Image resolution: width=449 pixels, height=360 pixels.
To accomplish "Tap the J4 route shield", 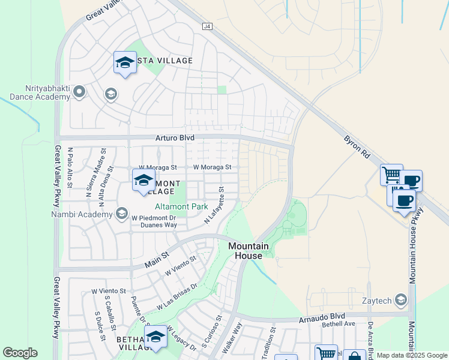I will pos(207,26).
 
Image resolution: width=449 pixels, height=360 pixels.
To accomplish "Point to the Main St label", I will pos(155,261).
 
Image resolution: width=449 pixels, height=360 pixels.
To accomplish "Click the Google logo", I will pos(20,353).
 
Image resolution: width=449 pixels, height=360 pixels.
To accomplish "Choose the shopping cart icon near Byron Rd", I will pos(391,175).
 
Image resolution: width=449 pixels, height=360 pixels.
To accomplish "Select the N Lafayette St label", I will pos(214,205).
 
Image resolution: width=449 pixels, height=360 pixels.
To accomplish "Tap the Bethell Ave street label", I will pos(339,324).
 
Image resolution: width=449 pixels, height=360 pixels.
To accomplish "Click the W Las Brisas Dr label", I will pos(178,296).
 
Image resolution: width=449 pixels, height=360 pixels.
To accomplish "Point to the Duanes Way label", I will pos(158,226).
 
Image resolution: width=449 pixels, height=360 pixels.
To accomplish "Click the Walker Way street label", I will pos(232,338).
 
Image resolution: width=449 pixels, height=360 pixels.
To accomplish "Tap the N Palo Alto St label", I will pos(70,167).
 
